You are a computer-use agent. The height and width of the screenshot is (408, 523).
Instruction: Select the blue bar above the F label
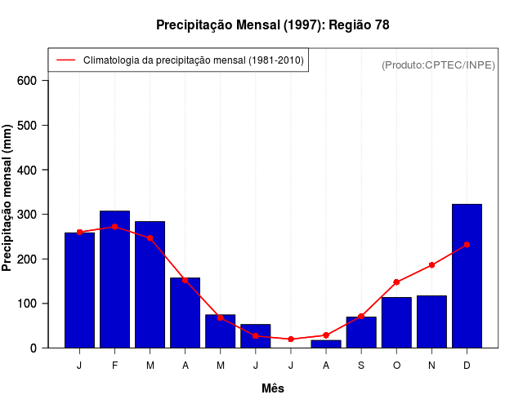click(114, 279)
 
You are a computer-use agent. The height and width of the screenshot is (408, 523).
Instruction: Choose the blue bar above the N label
click(431, 322)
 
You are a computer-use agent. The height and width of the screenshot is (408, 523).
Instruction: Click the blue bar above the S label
click(361, 332)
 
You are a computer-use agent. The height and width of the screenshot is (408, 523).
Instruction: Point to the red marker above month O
click(396, 282)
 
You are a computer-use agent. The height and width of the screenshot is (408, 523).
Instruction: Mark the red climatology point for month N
click(431, 265)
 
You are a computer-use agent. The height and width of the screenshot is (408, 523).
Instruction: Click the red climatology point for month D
click(467, 244)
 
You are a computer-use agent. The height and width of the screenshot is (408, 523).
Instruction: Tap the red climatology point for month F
click(114, 227)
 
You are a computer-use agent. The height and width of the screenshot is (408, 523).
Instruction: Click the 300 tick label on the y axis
click(27, 215)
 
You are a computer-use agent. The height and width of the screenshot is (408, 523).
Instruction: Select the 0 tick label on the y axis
click(34, 348)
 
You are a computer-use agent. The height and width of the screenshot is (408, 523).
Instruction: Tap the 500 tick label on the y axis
click(27, 126)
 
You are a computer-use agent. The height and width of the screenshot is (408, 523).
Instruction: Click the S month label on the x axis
click(361, 366)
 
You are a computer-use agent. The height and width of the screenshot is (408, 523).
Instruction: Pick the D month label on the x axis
click(467, 366)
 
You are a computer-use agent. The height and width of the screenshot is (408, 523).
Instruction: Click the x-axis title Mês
click(273, 388)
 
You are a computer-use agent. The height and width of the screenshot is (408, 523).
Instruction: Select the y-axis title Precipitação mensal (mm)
click(8, 198)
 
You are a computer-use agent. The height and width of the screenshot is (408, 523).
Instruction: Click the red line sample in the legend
click(65, 60)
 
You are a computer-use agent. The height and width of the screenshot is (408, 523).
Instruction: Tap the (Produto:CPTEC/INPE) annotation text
click(438, 64)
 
